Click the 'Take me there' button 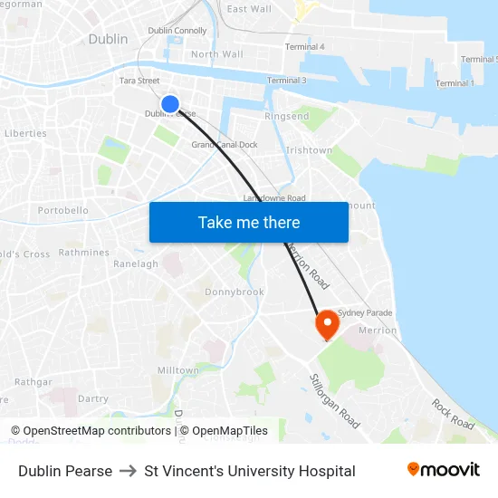(249, 222)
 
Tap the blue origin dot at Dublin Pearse (169, 104)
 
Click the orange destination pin (326, 324)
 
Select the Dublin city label (108, 39)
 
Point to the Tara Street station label (139, 81)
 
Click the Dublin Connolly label (177, 31)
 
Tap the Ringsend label (286, 117)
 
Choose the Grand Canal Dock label (225, 145)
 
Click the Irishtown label (309, 150)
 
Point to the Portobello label (63, 211)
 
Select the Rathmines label (84, 253)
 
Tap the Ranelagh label (136, 264)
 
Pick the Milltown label (177, 370)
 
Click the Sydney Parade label (365, 313)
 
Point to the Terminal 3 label (287, 81)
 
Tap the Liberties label (25, 133)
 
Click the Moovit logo (444, 470)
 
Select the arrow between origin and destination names (128, 471)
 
